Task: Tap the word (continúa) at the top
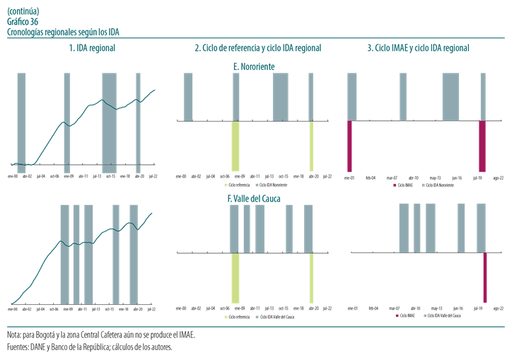(23, 11)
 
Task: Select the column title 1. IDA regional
(92, 48)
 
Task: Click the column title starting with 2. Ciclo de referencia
(257, 48)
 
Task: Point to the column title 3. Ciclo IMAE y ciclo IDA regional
(418, 48)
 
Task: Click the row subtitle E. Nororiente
(254, 66)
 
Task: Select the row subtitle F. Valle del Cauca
(254, 199)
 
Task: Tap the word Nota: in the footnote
(15, 334)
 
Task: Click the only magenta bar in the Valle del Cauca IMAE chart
(485, 277)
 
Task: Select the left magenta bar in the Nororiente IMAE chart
(349, 146)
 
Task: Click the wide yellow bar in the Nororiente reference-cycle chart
(235, 146)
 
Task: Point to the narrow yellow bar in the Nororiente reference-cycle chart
(311, 146)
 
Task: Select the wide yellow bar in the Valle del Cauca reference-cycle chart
(235, 277)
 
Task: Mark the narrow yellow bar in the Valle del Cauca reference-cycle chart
(311, 277)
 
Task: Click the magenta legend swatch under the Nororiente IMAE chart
(395, 184)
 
